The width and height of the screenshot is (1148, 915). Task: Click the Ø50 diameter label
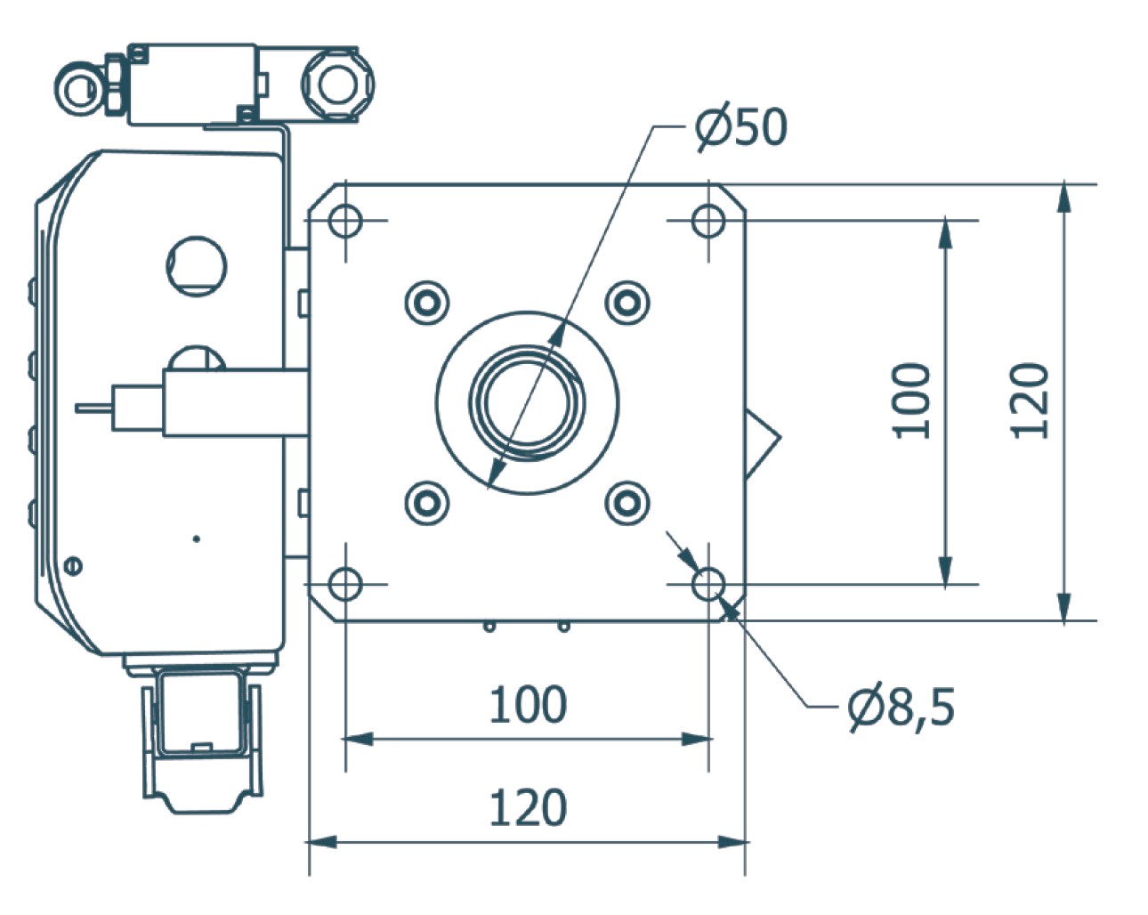click(x=740, y=127)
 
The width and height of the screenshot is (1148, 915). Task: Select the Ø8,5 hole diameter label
click(x=901, y=708)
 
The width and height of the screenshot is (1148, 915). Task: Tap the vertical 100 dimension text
click(x=910, y=401)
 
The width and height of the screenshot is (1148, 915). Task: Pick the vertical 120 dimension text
click(x=1031, y=401)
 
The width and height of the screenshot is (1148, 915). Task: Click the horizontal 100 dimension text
click(x=528, y=704)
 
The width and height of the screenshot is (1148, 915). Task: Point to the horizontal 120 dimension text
click(x=528, y=808)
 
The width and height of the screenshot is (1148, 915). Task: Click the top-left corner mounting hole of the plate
click(x=344, y=220)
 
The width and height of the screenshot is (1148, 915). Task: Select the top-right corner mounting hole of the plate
click(x=707, y=220)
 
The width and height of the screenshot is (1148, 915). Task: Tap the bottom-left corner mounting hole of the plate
click(x=344, y=585)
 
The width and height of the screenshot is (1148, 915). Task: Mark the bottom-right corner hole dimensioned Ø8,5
click(x=708, y=585)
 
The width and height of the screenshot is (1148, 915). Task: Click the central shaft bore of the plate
click(x=527, y=402)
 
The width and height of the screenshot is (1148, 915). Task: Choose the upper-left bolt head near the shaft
click(x=427, y=302)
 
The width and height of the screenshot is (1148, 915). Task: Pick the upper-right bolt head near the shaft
click(x=627, y=302)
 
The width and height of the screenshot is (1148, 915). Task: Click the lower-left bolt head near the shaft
click(x=427, y=503)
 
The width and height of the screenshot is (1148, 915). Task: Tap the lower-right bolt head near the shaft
click(x=627, y=503)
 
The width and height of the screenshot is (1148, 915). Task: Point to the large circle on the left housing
click(x=197, y=264)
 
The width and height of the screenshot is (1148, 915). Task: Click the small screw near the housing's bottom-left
click(x=74, y=564)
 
